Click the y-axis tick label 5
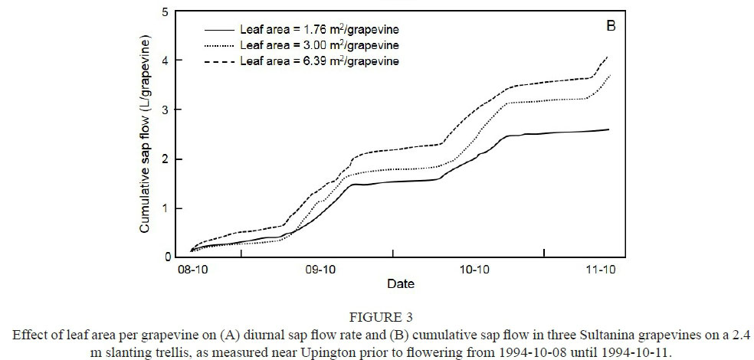pos(166,11)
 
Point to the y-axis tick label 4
pos(166,61)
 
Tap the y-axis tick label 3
pos(166,110)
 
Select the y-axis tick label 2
pos(166,159)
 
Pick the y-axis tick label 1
pos(166,208)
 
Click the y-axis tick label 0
pos(166,257)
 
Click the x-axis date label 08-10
pos(191,270)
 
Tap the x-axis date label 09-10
pos(320,270)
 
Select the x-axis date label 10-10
pos(474,270)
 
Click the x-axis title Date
pos(400,284)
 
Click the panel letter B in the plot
pos(611,26)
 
